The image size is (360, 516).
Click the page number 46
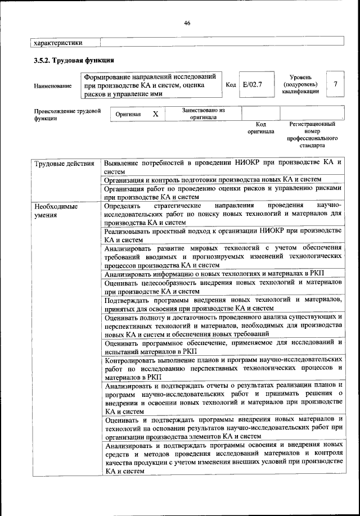point(187,22)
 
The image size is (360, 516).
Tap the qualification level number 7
point(335,84)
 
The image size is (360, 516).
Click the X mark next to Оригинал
point(156,114)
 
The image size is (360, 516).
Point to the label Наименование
point(53,85)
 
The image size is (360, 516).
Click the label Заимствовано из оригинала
point(203,114)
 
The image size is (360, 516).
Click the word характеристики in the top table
point(58,42)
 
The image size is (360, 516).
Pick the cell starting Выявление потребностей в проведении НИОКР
point(223,166)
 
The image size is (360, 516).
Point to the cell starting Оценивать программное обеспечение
point(223,346)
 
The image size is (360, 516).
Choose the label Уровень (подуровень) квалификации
point(301,84)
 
